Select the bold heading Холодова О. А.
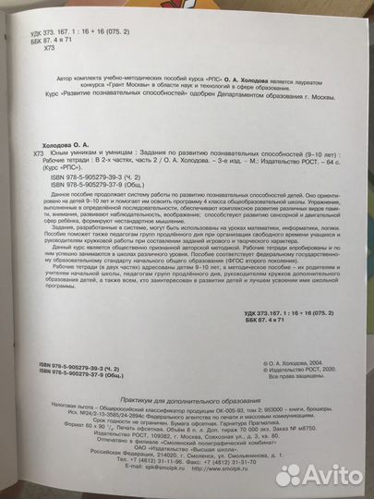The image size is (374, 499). (72, 132)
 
